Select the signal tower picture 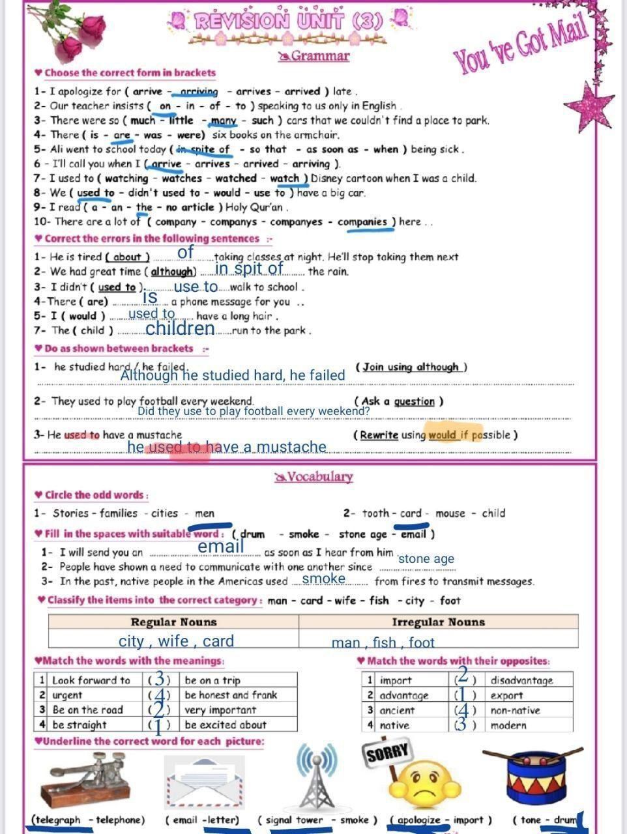pyautogui.click(x=317, y=777)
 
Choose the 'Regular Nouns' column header pyautogui.click(x=173, y=622)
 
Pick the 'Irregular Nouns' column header pyautogui.click(x=438, y=622)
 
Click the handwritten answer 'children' pyautogui.click(x=180, y=328)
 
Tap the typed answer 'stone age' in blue pyautogui.click(x=426, y=558)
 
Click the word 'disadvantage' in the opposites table pyautogui.click(x=521, y=680)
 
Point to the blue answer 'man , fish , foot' pyautogui.click(x=383, y=642)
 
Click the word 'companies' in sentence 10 pyautogui.click(x=362, y=222)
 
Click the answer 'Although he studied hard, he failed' pyautogui.click(x=233, y=375)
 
